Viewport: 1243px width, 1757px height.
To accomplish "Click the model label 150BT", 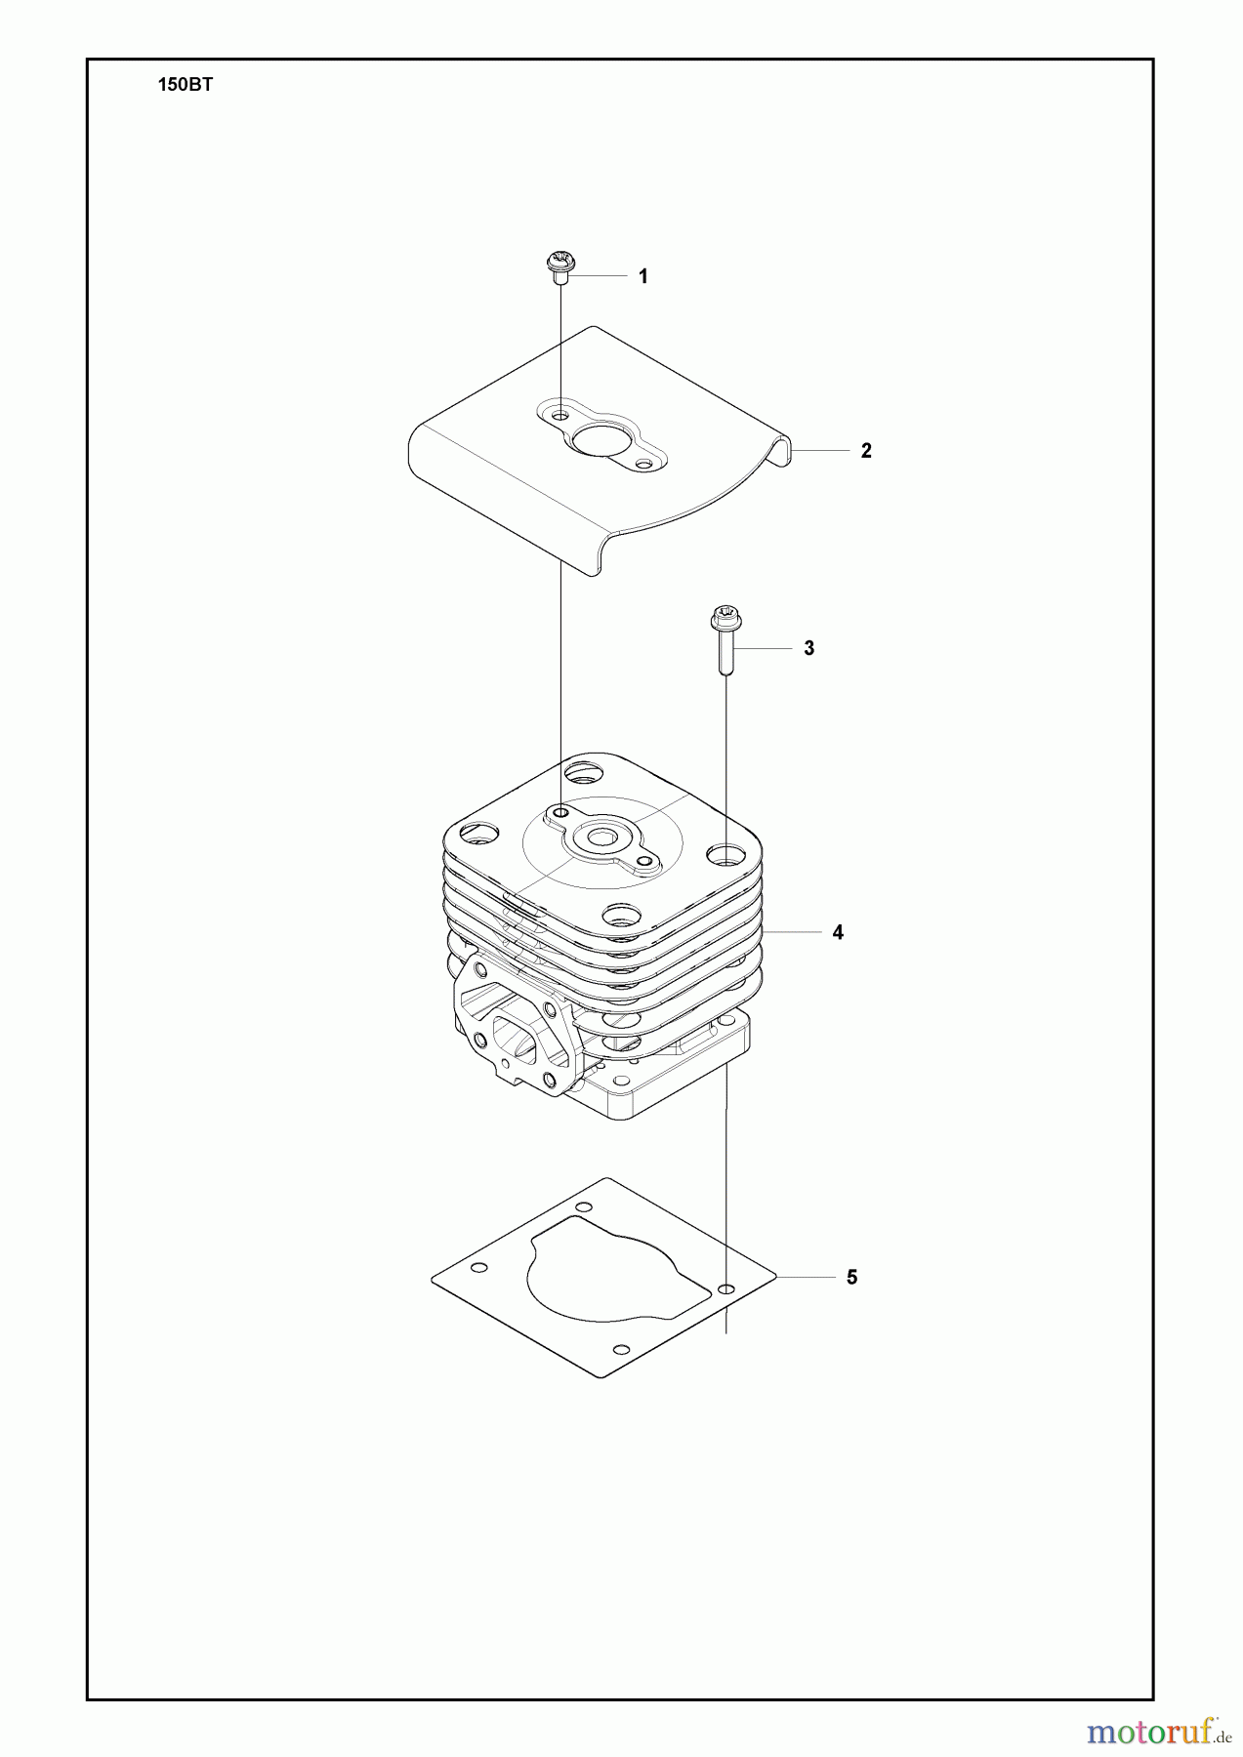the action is [186, 85].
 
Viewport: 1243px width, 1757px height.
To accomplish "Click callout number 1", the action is [642, 277].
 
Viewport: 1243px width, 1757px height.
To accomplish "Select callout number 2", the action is [866, 451].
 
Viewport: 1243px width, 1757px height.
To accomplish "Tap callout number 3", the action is [808, 648].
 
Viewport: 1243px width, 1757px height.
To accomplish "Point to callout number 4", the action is [838, 932].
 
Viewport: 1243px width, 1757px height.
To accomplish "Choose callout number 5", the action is [851, 1277].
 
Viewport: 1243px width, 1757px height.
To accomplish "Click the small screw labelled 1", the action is [560, 267].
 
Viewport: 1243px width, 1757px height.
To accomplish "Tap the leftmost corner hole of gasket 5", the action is [478, 1268].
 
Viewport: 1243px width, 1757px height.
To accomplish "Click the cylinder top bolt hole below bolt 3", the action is [726, 855].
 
